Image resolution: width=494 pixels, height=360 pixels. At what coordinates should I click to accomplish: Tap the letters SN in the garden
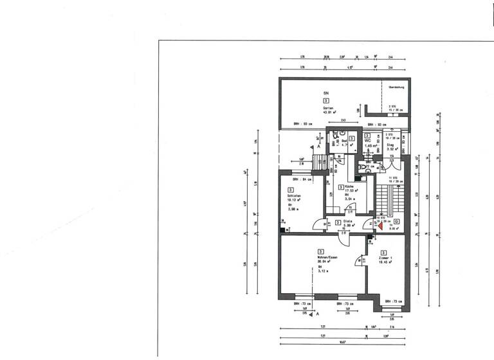coord(325,94)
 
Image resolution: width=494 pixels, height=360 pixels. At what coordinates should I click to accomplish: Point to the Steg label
coord(390,146)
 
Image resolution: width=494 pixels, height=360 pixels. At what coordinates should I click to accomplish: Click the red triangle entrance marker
coord(371,224)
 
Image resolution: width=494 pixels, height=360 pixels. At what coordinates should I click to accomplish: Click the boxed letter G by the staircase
coord(396,222)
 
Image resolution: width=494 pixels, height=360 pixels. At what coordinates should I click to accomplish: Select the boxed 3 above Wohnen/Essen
coord(320,251)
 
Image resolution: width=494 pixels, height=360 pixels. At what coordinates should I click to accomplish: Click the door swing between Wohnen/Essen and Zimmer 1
coord(361,260)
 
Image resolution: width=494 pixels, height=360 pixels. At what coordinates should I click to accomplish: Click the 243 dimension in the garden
coord(344,120)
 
